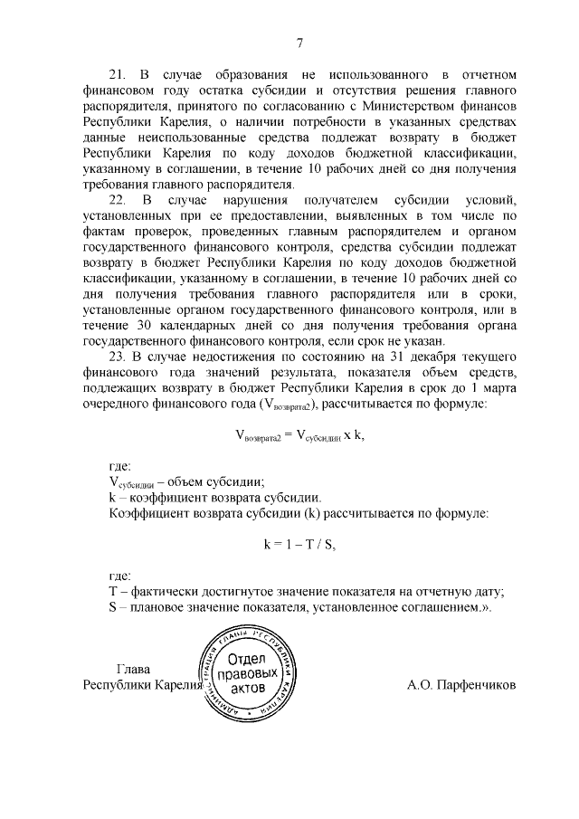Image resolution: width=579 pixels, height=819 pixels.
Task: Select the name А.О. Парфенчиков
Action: (461, 685)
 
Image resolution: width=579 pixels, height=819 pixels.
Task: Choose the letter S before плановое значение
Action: (112, 608)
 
